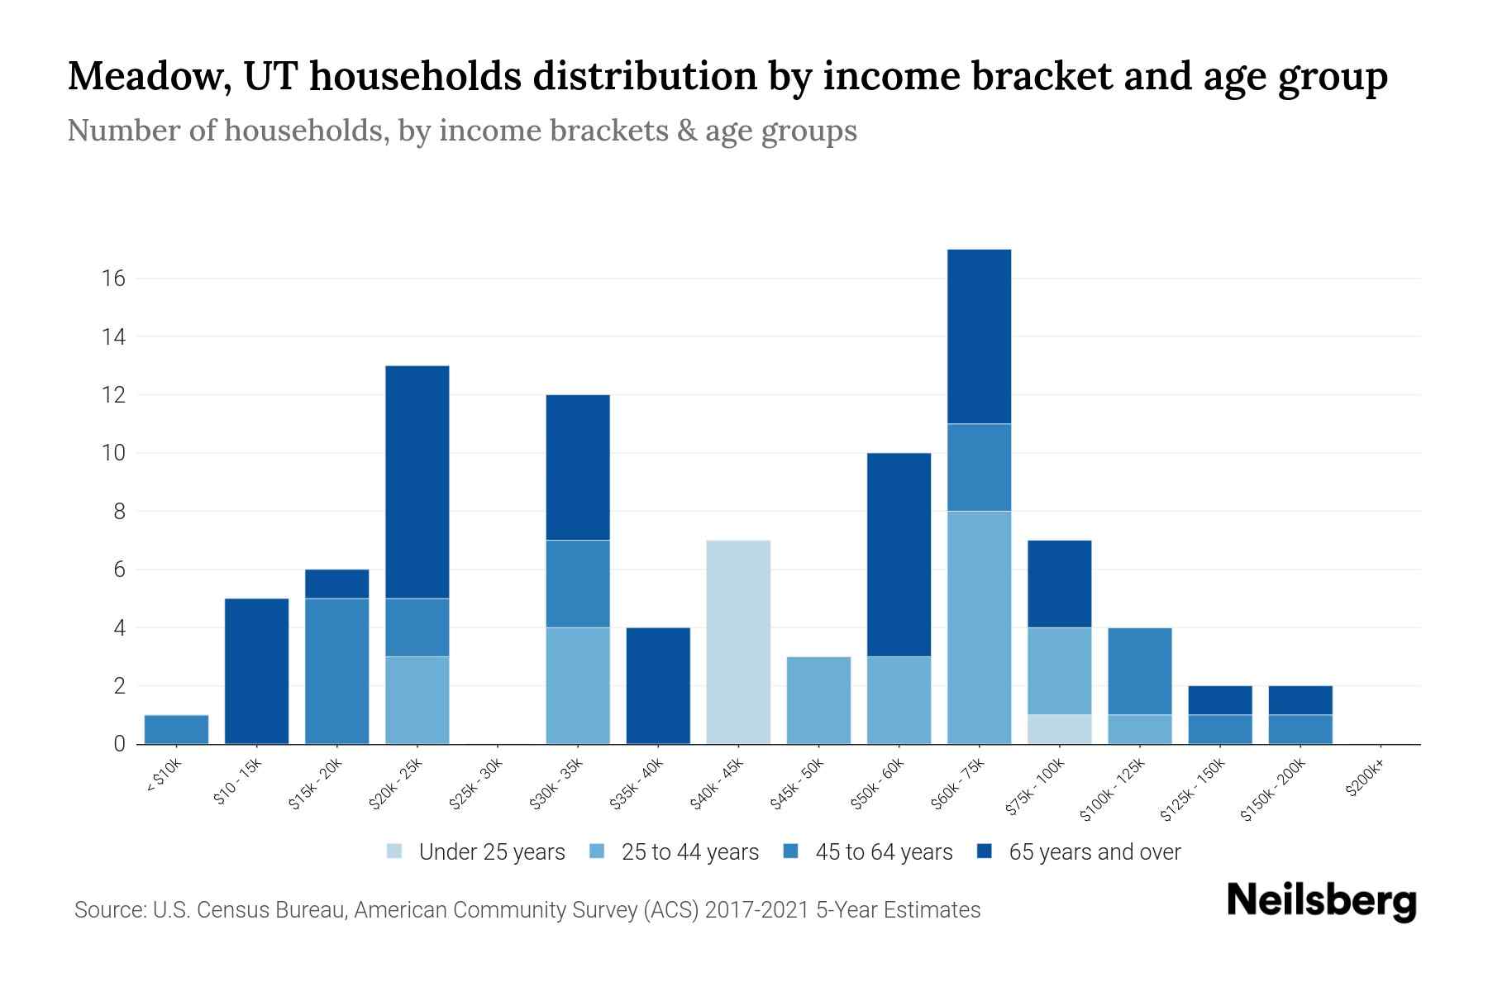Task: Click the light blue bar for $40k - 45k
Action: click(x=738, y=642)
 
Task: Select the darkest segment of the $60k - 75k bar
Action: click(x=979, y=336)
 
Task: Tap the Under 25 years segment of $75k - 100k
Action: click(x=1059, y=729)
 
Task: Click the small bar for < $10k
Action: click(x=176, y=729)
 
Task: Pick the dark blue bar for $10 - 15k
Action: click(x=256, y=671)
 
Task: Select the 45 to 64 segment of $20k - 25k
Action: click(x=417, y=627)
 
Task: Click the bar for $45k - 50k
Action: click(x=818, y=700)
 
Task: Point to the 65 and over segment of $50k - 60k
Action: click(x=899, y=555)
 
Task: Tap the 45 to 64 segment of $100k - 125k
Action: click(x=1139, y=671)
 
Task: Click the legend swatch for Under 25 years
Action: click(x=395, y=851)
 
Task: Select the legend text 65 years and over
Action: click(x=1094, y=852)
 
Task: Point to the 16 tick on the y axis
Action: click(x=114, y=279)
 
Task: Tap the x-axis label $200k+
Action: click(x=1364, y=781)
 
